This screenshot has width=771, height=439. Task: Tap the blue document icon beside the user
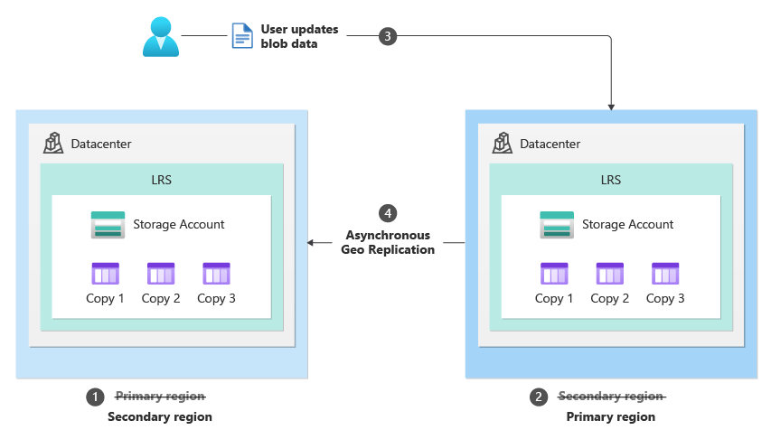(242, 36)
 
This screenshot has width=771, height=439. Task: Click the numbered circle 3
(388, 36)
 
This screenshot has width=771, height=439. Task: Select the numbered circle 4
(388, 213)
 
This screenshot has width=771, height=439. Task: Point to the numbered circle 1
(95, 397)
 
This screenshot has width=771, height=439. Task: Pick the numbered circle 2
(540, 397)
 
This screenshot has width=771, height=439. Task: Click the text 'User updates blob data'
(299, 36)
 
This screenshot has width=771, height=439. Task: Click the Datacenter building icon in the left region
(53, 143)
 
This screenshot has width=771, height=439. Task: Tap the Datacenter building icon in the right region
(503, 143)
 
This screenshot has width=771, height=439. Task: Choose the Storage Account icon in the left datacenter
(108, 224)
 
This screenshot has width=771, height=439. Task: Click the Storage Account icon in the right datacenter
(558, 224)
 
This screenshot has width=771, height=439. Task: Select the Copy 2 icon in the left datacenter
(161, 274)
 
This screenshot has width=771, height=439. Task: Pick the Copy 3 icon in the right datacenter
(665, 274)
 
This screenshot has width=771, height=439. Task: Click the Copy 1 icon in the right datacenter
(554, 274)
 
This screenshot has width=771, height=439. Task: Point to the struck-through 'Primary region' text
(160, 397)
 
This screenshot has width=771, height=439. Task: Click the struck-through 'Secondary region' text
(611, 397)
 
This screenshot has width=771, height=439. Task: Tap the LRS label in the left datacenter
(162, 180)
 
